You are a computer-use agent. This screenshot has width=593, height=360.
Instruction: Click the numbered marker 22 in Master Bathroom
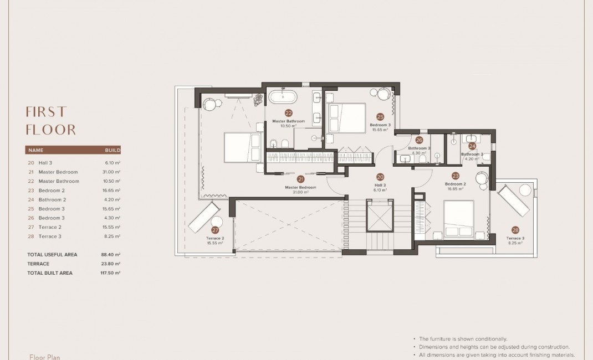pyautogui.click(x=288, y=112)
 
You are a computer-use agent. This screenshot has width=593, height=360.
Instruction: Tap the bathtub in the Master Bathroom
pyautogui.click(x=283, y=99)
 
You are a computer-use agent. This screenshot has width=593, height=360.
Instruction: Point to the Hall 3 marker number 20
pyautogui.click(x=380, y=177)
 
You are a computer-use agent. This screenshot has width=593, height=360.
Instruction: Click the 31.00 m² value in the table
pyautogui.click(x=113, y=172)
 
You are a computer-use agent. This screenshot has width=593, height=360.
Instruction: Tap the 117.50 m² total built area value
pyautogui.click(x=113, y=273)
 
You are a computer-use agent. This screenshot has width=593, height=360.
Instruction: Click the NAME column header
pyautogui.click(x=35, y=150)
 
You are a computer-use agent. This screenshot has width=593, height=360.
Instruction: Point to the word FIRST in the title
pyautogui.click(x=46, y=111)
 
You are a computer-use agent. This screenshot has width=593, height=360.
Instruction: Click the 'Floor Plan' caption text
pyautogui.click(x=44, y=357)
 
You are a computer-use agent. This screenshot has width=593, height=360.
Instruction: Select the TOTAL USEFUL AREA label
pyautogui.click(x=52, y=255)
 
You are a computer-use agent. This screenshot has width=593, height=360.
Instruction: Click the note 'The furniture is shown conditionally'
pyautogui.click(x=463, y=338)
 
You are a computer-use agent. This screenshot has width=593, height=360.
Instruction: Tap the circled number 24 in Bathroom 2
pyautogui.click(x=472, y=146)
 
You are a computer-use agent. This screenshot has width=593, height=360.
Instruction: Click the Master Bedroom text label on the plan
pyautogui.click(x=300, y=187)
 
